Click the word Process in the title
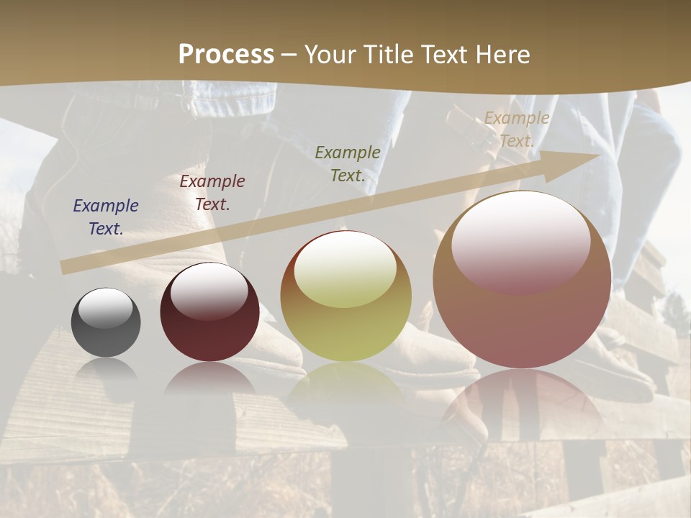pyautogui.click(x=226, y=55)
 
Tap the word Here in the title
pyautogui.click(x=500, y=55)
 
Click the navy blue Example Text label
pyautogui.click(x=106, y=217)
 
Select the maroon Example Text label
pyautogui.click(x=212, y=193)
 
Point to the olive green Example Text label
pyautogui.click(x=348, y=163)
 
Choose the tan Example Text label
pyautogui.click(x=517, y=129)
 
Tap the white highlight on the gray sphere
pyautogui.click(x=105, y=308)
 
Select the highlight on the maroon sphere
pyautogui.click(x=209, y=289)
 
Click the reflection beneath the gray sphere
pyautogui.click(x=106, y=371)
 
